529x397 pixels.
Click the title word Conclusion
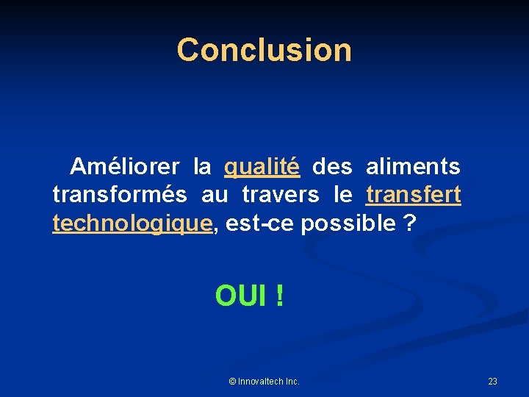[x=264, y=50]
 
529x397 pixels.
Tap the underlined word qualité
[x=262, y=168]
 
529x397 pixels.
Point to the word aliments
[x=413, y=167]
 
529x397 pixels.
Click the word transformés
[x=118, y=195]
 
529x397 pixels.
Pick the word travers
[x=280, y=195]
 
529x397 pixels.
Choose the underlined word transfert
[x=414, y=195]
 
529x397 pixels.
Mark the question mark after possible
[x=410, y=223]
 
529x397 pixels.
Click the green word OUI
[x=242, y=296]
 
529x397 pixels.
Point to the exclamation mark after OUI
[x=279, y=296]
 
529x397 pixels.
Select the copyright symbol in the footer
[x=232, y=381]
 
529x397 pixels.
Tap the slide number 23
[x=492, y=381]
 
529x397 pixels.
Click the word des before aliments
[x=332, y=167]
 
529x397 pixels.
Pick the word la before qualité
[x=202, y=167]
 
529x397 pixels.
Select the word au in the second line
[x=214, y=196]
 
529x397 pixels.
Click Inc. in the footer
[x=292, y=381]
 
